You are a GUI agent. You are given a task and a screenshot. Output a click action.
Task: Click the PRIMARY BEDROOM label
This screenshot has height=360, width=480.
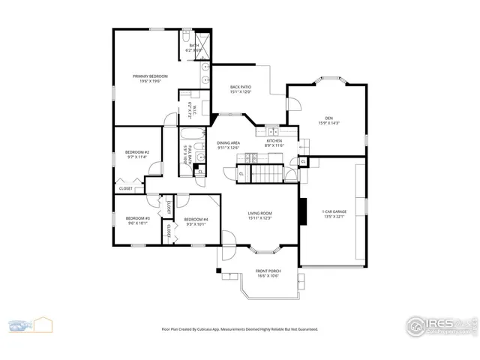point(150,76)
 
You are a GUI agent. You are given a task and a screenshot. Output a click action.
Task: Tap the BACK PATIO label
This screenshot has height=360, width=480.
point(240,87)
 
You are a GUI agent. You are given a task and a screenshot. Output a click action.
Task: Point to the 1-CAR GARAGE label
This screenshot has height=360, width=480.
point(333,212)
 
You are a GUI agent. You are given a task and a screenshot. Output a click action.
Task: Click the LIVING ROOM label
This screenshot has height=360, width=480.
point(259,213)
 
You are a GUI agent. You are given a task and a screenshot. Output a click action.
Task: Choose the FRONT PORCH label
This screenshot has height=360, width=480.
point(268,271)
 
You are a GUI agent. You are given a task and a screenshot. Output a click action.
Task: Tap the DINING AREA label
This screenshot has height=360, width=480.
point(228,142)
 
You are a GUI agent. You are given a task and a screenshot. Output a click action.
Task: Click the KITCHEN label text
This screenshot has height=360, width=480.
point(274,140)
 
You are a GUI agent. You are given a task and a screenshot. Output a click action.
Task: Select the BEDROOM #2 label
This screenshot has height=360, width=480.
point(137,152)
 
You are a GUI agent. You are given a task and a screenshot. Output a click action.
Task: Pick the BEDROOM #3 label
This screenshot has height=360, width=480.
point(137,218)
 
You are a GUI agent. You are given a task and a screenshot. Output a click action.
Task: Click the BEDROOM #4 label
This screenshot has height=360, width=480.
point(196,218)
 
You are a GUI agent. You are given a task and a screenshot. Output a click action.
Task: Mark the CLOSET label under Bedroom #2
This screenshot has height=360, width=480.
point(125,188)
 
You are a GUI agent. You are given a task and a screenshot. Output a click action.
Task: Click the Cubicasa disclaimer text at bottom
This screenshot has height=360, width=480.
point(240,328)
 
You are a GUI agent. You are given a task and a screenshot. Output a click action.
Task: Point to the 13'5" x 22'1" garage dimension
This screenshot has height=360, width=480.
point(333,217)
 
